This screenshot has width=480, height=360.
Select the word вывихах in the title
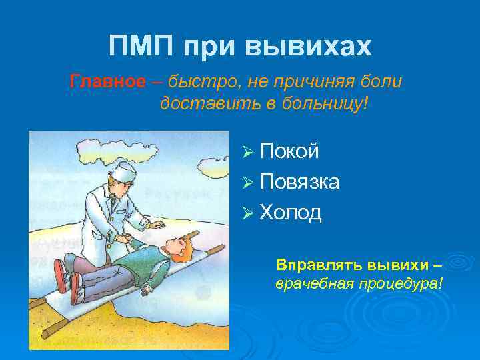coord(309,47)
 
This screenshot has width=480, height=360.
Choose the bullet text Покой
coord(289,151)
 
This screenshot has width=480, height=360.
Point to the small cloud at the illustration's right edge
coord(217,171)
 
